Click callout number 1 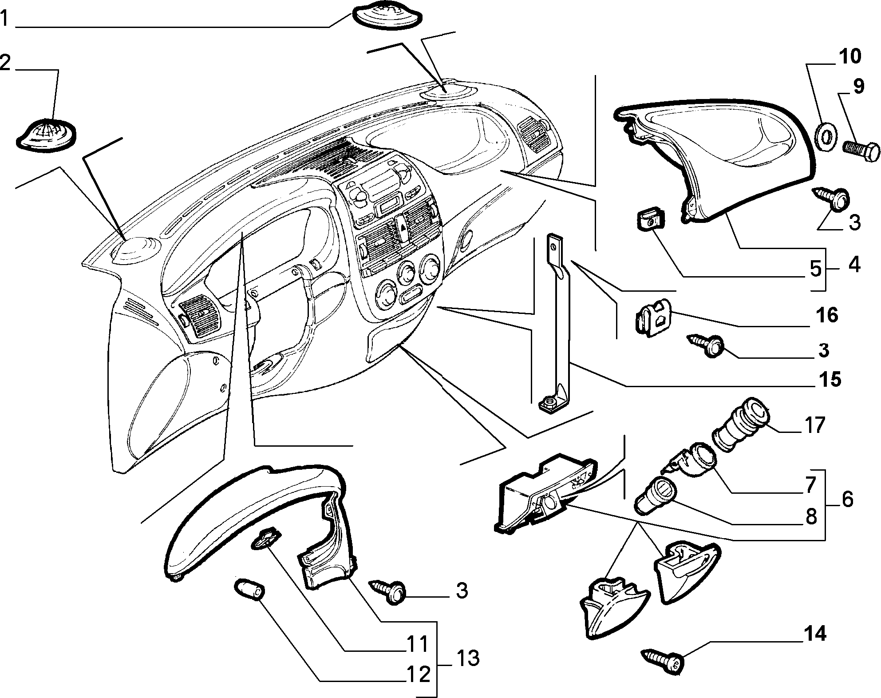point(4,19)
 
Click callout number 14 point(814,634)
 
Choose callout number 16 point(826,315)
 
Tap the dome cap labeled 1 point(387,17)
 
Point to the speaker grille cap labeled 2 point(46,135)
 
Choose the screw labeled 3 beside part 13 point(391,591)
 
